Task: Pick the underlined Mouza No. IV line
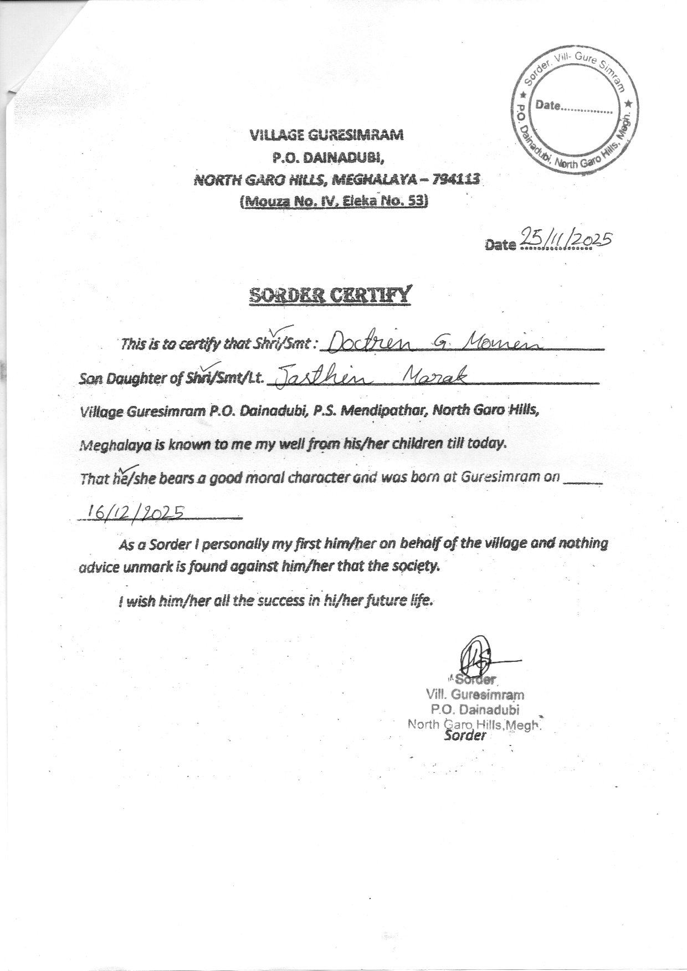click(334, 202)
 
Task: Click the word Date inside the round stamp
click(548, 106)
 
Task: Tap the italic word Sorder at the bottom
click(465, 736)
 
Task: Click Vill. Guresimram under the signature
click(475, 694)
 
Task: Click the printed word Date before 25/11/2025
click(500, 244)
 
